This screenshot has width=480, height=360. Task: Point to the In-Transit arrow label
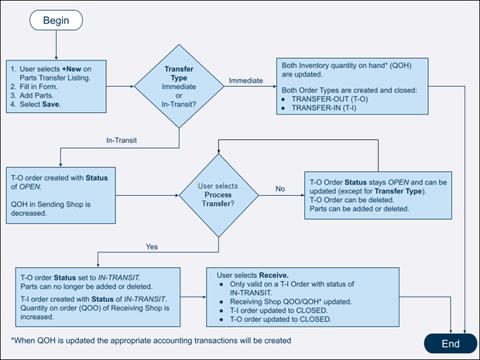122,139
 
